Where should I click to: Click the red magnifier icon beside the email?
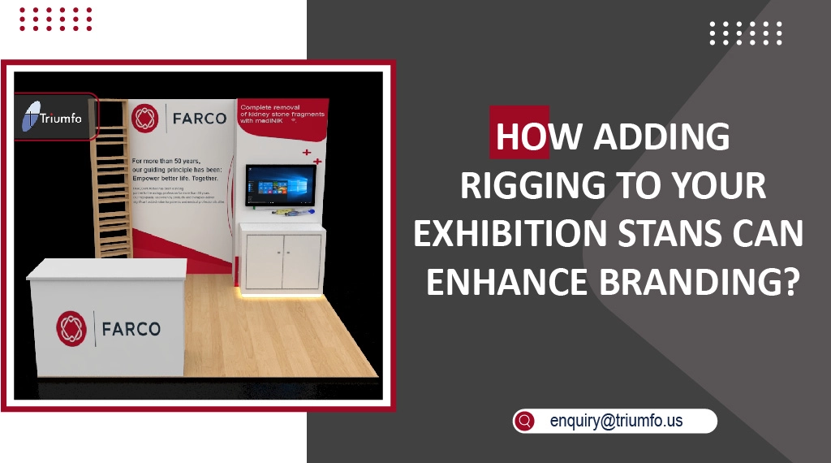[525, 421]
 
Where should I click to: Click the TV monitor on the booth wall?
[280, 184]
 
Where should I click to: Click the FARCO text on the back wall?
[200, 119]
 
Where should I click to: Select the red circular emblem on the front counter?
[71, 328]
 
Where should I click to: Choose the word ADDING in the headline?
[662, 138]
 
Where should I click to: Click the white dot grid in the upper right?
[746, 33]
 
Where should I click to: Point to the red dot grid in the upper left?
[56, 19]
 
